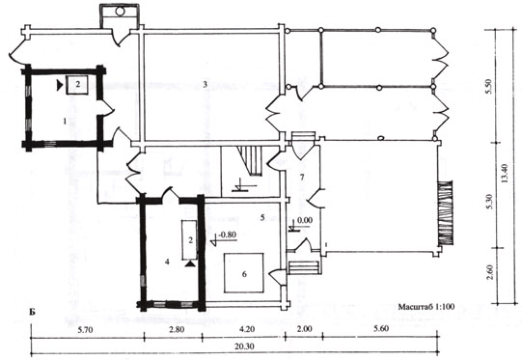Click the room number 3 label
pyautogui.click(x=206, y=84)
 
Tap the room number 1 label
pyautogui.click(x=65, y=122)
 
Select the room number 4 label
pyautogui.click(x=167, y=262)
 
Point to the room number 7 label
pyautogui.click(x=302, y=177)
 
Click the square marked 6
pyautogui.click(x=244, y=273)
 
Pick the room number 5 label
pyautogui.click(x=262, y=217)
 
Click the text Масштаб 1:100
pyautogui.click(x=426, y=306)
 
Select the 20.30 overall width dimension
pyautogui.click(x=244, y=346)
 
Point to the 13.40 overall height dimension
pyautogui.click(x=504, y=173)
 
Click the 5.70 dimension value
pyautogui.click(x=85, y=330)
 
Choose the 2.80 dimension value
pyautogui.click(x=177, y=329)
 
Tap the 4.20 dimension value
pyautogui.click(x=247, y=329)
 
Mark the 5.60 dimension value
pyautogui.click(x=381, y=329)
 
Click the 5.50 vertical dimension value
pyautogui.click(x=488, y=87)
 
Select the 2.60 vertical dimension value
pyautogui.click(x=489, y=272)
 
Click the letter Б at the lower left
pyautogui.click(x=32, y=312)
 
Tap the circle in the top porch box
pyautogui.click(x=120, y=12)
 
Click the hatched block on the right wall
pyautogui.click(x=445, y=213)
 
